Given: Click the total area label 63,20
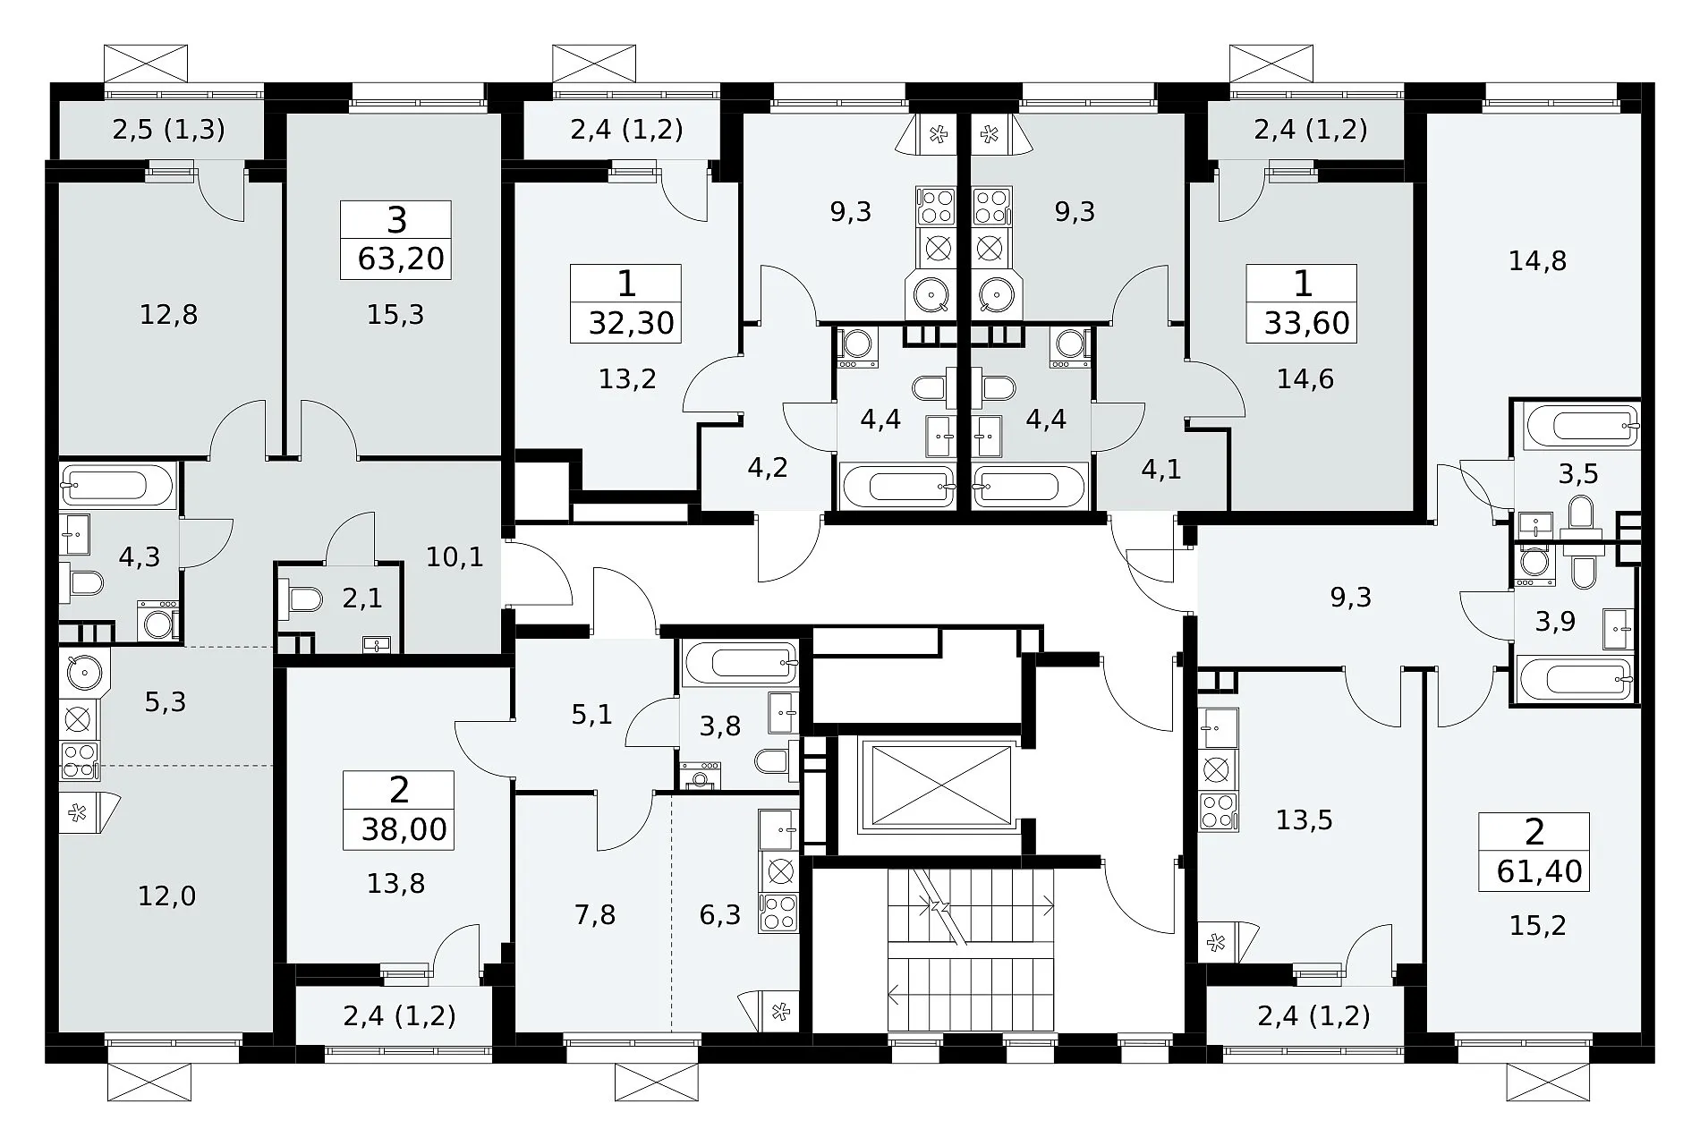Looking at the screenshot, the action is coord(401,259).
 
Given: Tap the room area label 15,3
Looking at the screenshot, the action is coord(395,315).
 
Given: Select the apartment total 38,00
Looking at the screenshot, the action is coord(404,829).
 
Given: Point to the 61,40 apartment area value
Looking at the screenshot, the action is coord(1539,870).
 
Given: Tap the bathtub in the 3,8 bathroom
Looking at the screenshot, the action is coord(739,663).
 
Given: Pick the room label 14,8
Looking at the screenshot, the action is coord(1537,261).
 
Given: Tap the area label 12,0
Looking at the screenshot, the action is coord(167,896).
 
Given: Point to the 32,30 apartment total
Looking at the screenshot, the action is coord(632,323).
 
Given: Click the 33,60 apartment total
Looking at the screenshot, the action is coord(1307,323).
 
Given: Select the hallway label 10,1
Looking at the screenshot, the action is coord(455,558).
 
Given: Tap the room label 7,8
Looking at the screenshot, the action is coord(596,915).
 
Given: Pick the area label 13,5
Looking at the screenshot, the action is coord(1305,820).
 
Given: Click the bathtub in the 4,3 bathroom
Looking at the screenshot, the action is coord(117,486).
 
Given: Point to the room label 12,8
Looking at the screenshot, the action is coord(169,315).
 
